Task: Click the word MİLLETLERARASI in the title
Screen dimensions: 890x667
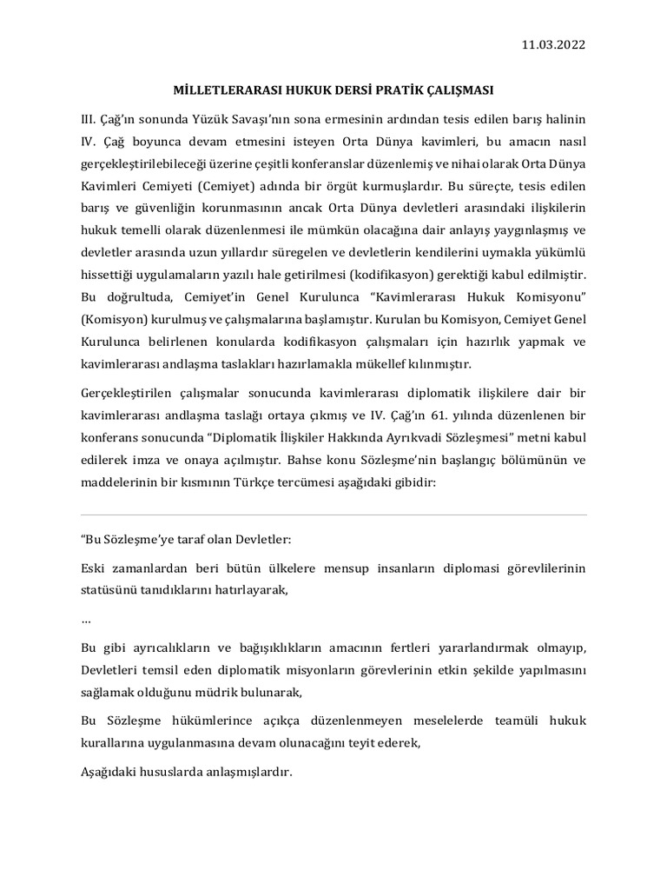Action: coord(226,90)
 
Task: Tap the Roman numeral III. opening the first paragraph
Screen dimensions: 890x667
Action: coord(89,118)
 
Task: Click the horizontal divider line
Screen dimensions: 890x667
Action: coord(333,515)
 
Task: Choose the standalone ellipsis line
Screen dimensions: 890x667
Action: coord(85,621)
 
